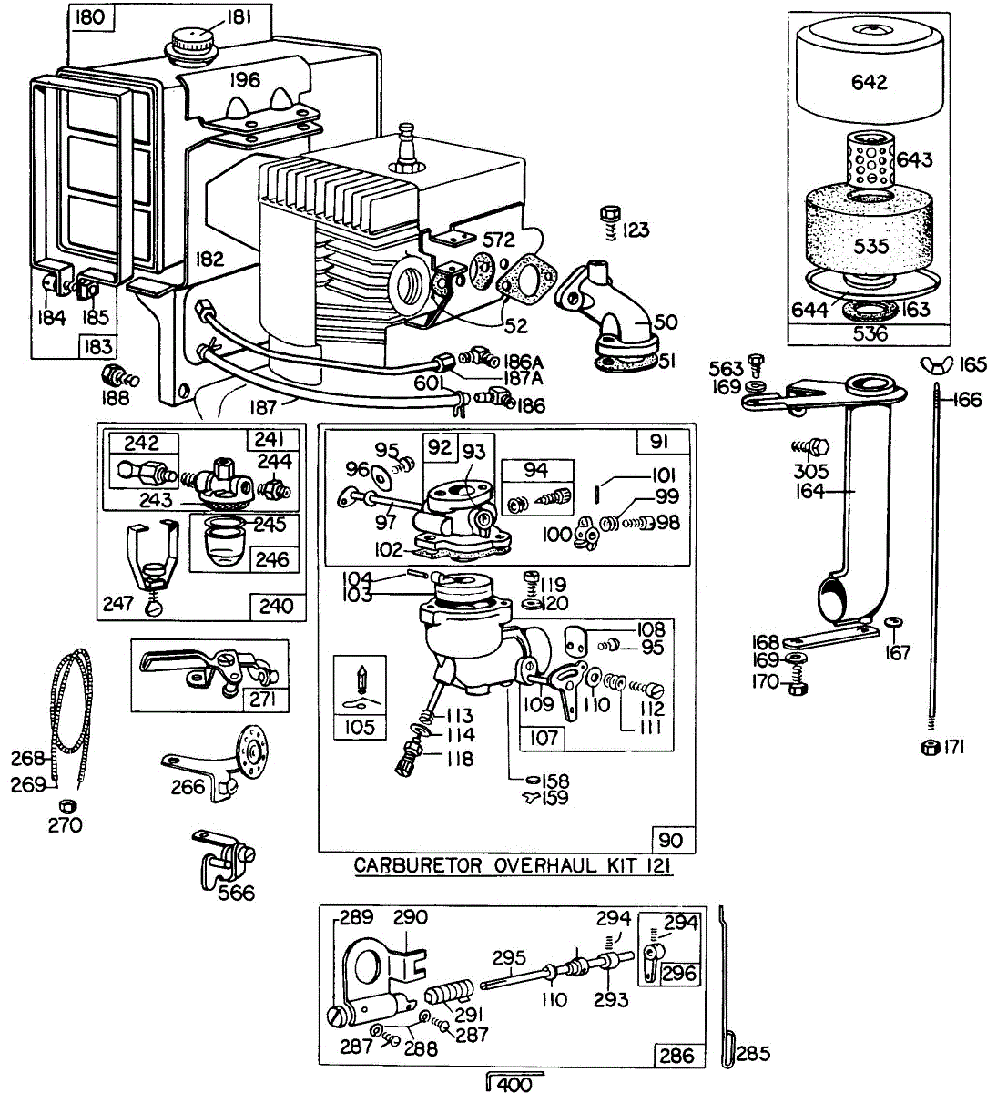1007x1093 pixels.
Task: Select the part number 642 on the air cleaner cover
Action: click(869, 82)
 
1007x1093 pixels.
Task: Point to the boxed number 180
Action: click(91, 16)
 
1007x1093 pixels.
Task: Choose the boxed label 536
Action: click(870, 333)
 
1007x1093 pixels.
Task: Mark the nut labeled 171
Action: click(931, 748)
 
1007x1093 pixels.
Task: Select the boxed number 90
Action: click(675, 839)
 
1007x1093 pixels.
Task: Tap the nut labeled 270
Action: click(65, 805)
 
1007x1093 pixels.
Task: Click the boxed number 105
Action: click(361, 727)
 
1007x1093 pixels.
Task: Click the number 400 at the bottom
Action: click(515, 1084)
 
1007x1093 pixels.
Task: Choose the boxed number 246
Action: click(272, 558)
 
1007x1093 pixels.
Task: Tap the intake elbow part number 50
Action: click(666, 322)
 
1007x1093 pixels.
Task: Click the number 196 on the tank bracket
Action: click(243, 80)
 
